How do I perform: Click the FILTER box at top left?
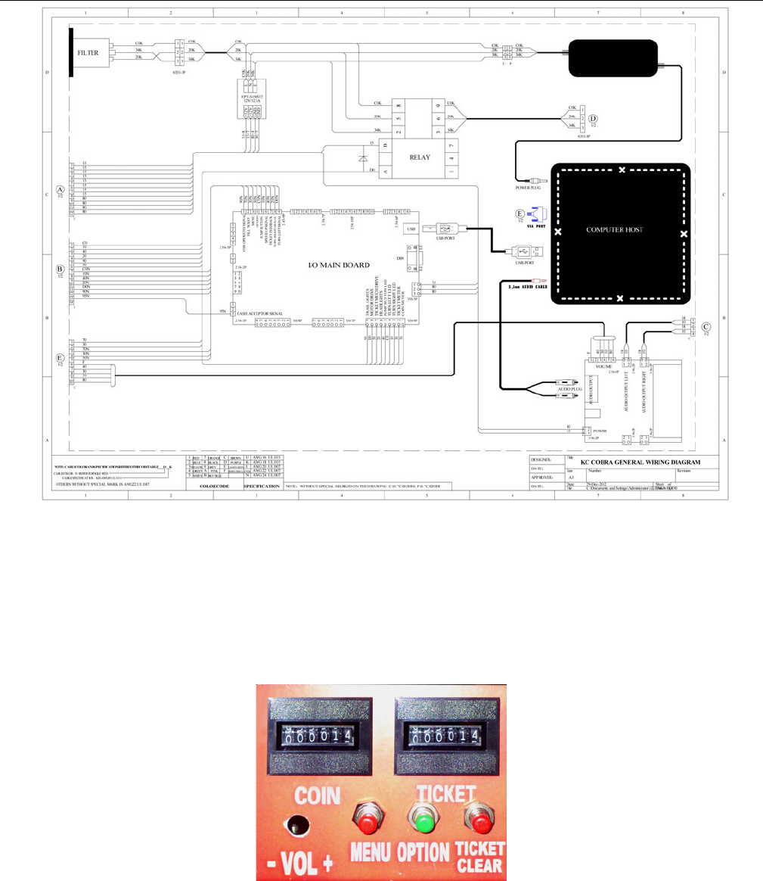(x=88, y=54)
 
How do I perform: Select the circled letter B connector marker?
(x=60, y=269)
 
